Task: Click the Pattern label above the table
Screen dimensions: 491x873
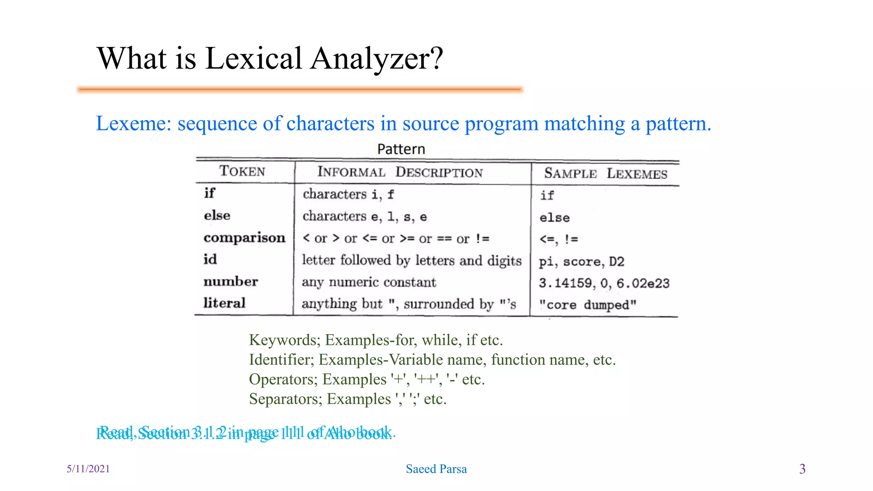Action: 401,149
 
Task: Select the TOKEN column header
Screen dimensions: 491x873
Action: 242,171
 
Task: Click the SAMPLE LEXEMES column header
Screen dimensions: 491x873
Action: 605,173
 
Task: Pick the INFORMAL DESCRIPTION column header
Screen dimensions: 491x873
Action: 400,172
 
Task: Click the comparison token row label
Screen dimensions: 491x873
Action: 244,237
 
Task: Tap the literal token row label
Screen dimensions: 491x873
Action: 224,303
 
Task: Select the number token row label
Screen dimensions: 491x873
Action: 231,281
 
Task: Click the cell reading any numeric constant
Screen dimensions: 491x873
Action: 369,282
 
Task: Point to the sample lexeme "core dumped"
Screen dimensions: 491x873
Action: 587,305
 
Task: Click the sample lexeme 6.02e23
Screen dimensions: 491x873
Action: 643,283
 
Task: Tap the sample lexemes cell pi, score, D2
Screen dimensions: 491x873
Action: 581,261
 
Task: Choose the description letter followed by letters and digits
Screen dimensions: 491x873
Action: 411,260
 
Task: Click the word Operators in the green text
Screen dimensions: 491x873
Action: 283,379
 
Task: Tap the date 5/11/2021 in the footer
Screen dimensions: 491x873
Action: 88,469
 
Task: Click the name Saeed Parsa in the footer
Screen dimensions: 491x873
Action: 436,469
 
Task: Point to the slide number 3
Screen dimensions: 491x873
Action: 802,469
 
